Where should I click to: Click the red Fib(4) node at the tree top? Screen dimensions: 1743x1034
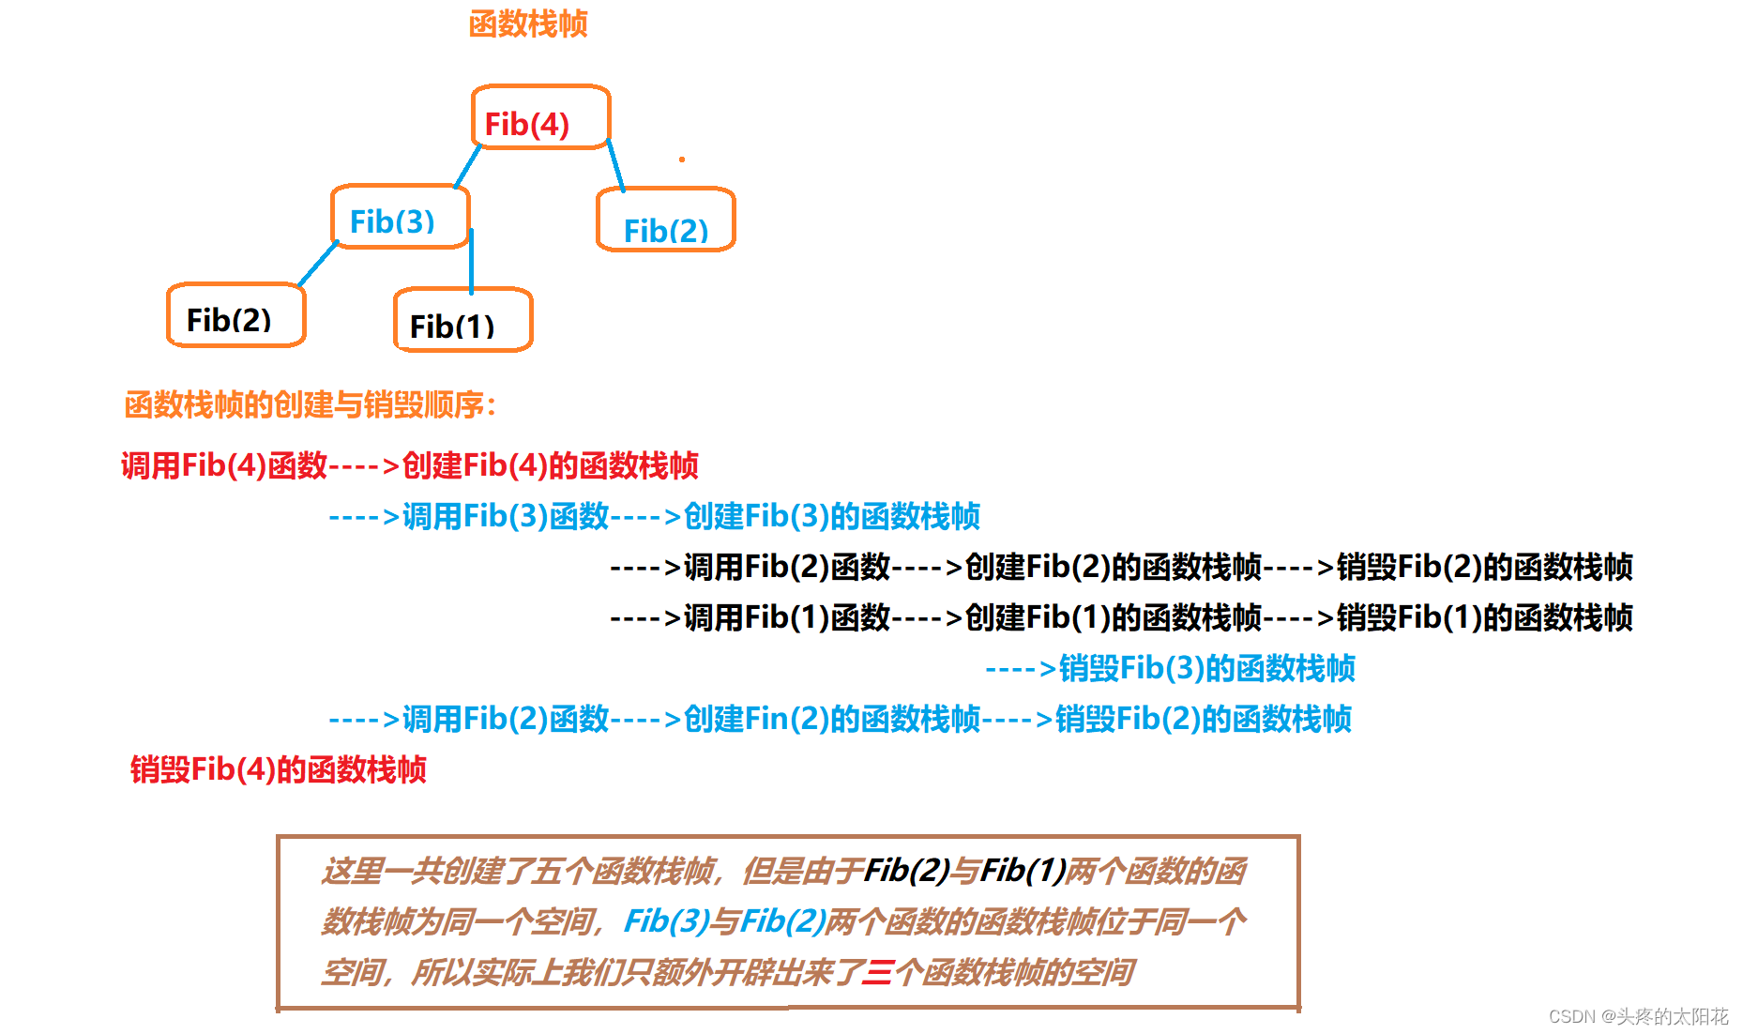click(540, 117)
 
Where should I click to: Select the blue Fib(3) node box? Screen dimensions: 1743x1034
click(400, 217)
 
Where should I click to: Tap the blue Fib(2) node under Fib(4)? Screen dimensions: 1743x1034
click(665, 220)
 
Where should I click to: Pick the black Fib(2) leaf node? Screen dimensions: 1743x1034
click(235, 315)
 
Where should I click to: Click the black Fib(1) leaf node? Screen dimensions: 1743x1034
click(462, 320)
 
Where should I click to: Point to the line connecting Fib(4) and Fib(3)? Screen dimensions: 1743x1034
click(467, 167)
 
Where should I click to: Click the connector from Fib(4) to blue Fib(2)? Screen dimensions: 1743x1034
click(615, 166)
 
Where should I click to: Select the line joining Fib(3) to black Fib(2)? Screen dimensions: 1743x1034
click(318, 264)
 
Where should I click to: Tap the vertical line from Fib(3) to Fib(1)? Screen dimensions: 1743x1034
click(471, 261)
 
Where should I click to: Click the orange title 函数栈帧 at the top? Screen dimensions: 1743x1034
click(528, 24)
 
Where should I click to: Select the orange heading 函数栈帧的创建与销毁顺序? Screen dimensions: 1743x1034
click(310, 405)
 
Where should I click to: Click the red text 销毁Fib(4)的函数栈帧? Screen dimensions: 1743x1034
click(278, 769)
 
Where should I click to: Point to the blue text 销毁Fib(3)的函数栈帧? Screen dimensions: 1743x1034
click(1206, 668)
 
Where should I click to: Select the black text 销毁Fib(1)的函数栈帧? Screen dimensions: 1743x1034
click(1484, 617)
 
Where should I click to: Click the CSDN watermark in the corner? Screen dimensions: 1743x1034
click(1638, 1016)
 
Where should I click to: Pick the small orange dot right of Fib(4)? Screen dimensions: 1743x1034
click(682, 160)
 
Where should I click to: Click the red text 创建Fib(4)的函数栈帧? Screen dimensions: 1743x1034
click(550, 465)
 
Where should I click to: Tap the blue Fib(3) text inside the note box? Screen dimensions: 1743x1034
click(667, 921)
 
